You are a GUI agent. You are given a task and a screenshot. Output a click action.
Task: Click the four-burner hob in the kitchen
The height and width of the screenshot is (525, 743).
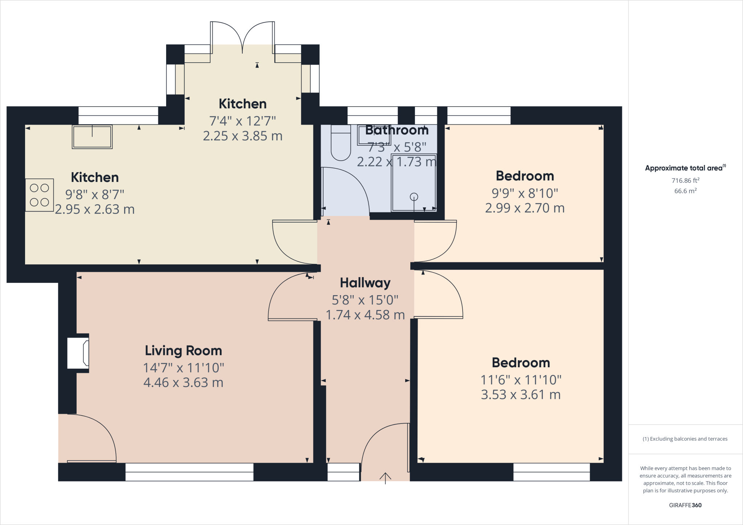(40, 195)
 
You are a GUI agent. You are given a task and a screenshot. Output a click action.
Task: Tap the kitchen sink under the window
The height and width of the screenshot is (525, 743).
(92, 137)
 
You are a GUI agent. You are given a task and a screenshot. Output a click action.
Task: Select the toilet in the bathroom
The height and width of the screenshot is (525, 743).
(341, 142)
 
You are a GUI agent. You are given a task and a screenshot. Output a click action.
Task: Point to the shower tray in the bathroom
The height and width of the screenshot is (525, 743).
(414, 183)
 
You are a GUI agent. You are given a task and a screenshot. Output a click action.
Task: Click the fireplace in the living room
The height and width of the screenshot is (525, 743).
(78, 353)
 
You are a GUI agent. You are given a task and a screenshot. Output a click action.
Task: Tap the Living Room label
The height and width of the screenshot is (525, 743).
(184, 351)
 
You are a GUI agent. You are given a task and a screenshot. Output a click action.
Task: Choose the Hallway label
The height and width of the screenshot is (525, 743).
(365, 283)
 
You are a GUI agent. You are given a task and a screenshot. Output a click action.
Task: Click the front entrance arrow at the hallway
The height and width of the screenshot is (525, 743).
(385, 478)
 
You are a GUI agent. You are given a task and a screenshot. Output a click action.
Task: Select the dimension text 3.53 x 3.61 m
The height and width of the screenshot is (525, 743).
(521, 394)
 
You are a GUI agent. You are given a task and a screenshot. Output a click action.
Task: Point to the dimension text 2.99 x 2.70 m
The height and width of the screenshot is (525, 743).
(525, 208)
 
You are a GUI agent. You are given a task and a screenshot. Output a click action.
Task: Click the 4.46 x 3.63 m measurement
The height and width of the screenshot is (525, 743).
(184, 383)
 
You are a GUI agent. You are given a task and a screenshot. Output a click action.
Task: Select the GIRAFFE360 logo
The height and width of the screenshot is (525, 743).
(685, 505)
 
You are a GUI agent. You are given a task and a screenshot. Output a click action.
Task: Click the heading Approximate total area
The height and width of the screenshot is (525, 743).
(685, 168)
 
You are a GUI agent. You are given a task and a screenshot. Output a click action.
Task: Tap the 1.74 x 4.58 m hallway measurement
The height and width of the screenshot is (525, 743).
(365, 315)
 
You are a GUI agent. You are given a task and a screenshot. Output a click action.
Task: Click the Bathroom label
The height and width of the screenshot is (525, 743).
(397, 130)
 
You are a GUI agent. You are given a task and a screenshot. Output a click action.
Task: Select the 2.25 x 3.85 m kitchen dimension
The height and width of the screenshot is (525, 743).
(243, 136)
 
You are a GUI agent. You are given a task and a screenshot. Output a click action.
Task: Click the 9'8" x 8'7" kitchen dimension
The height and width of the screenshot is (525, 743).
(95, 195)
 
